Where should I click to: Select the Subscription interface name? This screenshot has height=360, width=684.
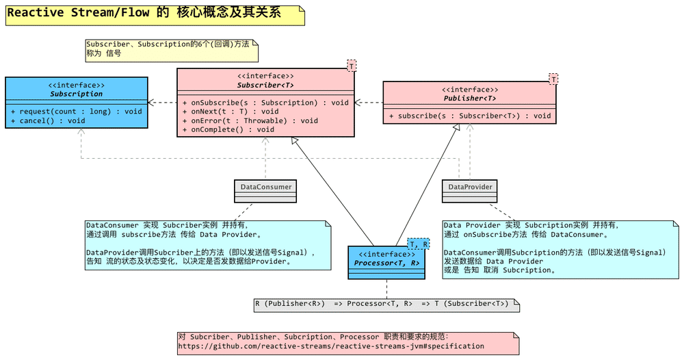[x=76, y=94]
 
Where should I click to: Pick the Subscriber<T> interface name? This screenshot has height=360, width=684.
[x=265, y=86]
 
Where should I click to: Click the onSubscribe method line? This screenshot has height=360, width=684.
[x=265, y=103]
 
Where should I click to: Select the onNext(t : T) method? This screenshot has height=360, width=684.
[x=230, y=112]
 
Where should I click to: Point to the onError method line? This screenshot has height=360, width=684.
[x=250, y=120]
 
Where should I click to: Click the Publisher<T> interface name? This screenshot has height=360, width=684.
[x=469, y=99]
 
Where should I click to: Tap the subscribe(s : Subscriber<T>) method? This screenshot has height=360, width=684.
[x=469, y=116]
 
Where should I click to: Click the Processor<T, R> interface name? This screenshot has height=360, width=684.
[x=387, y=263]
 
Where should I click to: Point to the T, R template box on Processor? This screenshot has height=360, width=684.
[x=419, y=244]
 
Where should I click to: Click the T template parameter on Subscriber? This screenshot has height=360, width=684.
[x=351, y=66]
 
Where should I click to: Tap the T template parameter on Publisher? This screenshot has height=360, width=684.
[x=553, y=79]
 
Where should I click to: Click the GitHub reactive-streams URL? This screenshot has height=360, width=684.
[x=330, y=346]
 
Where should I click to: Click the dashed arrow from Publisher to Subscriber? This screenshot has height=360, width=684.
[x=368, y=103]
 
